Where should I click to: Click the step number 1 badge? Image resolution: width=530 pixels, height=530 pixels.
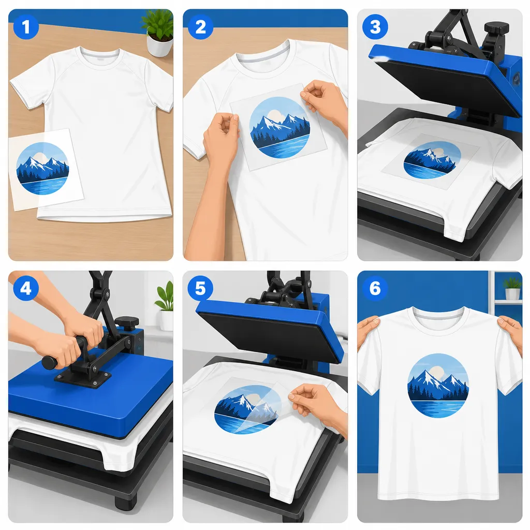pyautogui.click(x=26, y=27)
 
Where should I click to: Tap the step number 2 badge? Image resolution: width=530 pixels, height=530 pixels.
pyautogui.click(x=200, y=27)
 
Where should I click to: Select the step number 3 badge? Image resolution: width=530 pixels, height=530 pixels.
pyautogui.click(x=375, y=27)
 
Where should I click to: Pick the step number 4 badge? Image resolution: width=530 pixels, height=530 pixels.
pyautogui.click(x=26, y=288)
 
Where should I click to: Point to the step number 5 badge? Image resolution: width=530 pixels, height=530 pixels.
pyautogui.click(x=200, y=288)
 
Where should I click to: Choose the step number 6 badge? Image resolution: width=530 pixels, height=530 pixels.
pyautogui.click(x=375, y=288)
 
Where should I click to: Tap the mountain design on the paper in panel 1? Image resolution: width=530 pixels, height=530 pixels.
pyautogui.click(x=42, y=168)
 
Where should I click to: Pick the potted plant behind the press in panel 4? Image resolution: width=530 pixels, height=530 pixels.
pyautogui.click(x=165, y=307)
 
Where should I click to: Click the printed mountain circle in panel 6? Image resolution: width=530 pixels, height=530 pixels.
pyautogui.click(x=438, y=385)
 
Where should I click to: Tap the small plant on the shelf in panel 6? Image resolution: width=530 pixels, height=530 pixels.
pyautogui.click(x=512, y=288)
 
